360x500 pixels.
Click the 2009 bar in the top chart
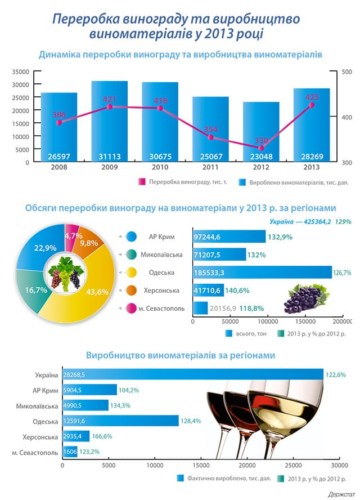pos(110,121)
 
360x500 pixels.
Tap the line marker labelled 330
pos(261,148)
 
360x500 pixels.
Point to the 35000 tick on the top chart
pos(20,72)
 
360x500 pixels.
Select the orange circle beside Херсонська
pos(133,291)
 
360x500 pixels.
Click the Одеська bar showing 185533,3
pos(262,273)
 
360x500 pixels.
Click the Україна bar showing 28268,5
pos(191,374)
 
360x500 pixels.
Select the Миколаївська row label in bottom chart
pos(37,405)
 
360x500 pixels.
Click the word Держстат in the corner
pos(340,494)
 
